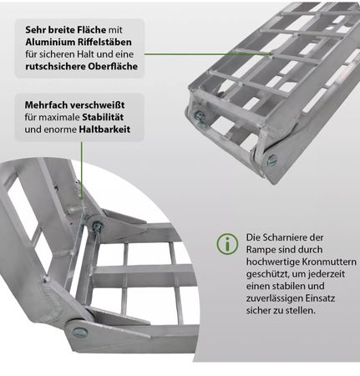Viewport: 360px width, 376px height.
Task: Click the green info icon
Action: [x=227, y=244]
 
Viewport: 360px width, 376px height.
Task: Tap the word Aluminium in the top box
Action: [x=50, y=42]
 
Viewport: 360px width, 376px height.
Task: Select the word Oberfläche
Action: [x=113, y=67]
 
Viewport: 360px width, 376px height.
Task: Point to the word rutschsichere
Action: [x=55, y=67]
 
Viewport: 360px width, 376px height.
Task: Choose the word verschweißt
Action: [x=97, y=105]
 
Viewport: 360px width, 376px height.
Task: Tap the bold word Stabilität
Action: [x=103, y=117]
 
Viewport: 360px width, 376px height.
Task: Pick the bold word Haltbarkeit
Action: [x=104, y=130]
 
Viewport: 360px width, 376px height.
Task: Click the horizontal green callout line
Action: [x=208, y=54]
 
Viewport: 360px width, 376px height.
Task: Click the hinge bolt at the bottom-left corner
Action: [x=80, y=332]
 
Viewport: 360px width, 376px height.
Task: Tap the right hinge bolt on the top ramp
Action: [x=272, y=160]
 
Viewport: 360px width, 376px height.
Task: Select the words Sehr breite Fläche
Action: [x=66, y=30]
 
